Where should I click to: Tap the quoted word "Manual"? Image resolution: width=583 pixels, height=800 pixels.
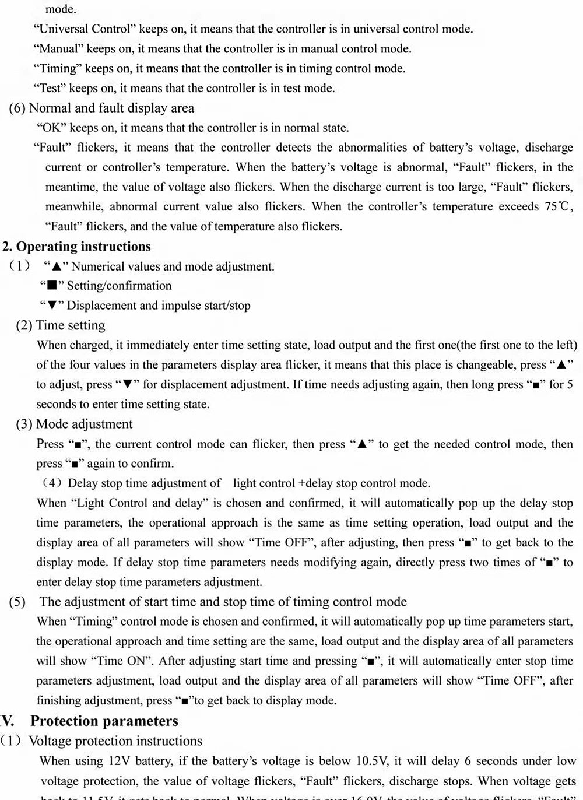point(58,49)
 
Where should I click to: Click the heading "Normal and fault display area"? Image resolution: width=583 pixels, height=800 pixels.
point(111,108)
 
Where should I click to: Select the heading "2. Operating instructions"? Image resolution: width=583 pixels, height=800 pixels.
point(77,247)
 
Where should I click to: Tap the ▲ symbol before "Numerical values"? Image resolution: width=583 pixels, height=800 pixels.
point(56,267)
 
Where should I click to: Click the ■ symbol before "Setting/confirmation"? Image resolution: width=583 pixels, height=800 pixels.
point(52,286)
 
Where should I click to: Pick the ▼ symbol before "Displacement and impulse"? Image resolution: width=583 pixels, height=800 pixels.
point(52,306)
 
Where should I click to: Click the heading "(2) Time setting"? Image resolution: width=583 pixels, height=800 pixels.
point(61,325)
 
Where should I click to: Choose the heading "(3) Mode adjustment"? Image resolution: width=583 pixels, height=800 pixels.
point(74,424)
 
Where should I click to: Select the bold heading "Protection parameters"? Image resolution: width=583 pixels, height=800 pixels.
point(104,721)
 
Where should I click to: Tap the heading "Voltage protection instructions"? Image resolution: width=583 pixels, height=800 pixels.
point(115,741)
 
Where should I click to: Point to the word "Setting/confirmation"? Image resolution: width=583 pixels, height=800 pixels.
point(120,286)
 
